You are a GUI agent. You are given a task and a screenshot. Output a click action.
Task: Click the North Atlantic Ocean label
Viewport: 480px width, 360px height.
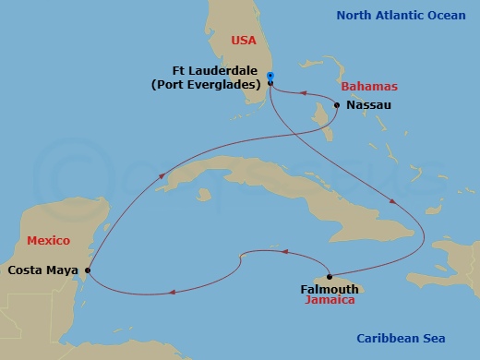coord(402,15)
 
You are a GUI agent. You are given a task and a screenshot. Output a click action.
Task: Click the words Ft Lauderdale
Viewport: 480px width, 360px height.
coord(215,70)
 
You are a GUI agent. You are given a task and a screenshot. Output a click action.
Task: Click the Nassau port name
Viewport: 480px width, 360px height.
coord(369,105)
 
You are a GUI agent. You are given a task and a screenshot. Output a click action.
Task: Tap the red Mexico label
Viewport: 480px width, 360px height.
coord(49,240)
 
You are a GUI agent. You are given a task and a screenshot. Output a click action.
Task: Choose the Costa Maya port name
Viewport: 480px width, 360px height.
coord(42,270)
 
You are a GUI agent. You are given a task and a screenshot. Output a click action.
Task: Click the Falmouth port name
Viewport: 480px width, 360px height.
coord(330,289)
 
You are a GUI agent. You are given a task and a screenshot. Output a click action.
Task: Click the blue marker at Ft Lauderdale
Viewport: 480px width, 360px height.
coord(270,76)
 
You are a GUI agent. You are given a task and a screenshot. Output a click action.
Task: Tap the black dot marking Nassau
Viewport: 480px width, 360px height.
coord(337,105)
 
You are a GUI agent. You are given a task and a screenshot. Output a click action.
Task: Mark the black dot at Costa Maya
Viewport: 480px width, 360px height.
coord(88,270)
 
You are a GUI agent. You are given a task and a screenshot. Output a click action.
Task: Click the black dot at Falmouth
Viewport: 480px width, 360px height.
coord(330,276)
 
